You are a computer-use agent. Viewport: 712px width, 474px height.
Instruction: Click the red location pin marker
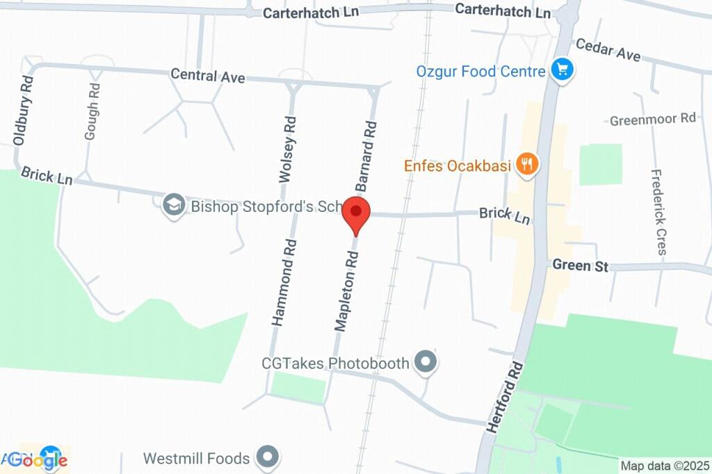357,213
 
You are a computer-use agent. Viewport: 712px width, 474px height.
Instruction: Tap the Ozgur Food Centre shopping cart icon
561,70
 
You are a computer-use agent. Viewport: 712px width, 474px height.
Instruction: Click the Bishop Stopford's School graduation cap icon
172,205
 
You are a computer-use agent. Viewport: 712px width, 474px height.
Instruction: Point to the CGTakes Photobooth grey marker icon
424,361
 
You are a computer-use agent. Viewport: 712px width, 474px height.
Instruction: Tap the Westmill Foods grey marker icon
266,457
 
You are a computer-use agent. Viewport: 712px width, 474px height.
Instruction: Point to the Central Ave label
207,76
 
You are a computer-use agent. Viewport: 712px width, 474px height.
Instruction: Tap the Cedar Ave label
608,49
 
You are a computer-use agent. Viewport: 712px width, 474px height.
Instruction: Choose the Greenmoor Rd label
652,120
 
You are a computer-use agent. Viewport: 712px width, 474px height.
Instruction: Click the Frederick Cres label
658,211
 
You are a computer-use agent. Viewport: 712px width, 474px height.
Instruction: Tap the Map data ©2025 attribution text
664,466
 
